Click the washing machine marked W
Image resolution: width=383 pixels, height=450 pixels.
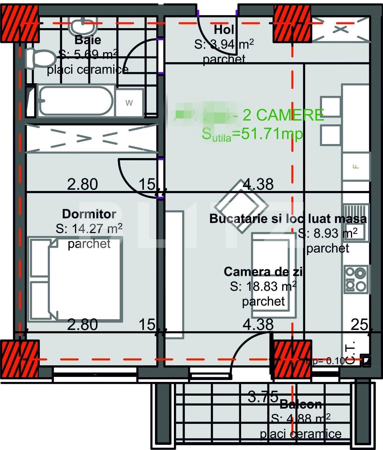tap(129, 103)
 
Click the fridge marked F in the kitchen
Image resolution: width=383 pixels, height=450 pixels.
tap(356, 166)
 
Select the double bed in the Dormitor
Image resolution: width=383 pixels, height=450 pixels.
tap(75, 279)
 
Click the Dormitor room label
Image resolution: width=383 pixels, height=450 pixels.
tap(89, 214)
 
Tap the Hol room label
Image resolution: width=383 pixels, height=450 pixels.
tap(224, 29)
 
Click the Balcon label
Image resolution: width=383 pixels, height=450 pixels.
tap(301, 404)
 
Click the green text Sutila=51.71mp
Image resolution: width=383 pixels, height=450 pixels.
tap(252, 134)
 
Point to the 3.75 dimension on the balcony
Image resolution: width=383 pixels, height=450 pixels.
tap(263, 397)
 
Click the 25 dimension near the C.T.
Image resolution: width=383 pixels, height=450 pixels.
tap(359, 325)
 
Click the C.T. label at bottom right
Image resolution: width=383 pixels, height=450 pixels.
tap(351, 353)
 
